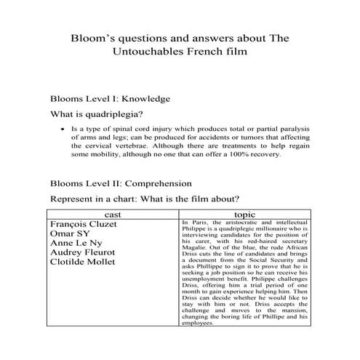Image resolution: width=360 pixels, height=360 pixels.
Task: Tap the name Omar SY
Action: pos(70,235)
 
